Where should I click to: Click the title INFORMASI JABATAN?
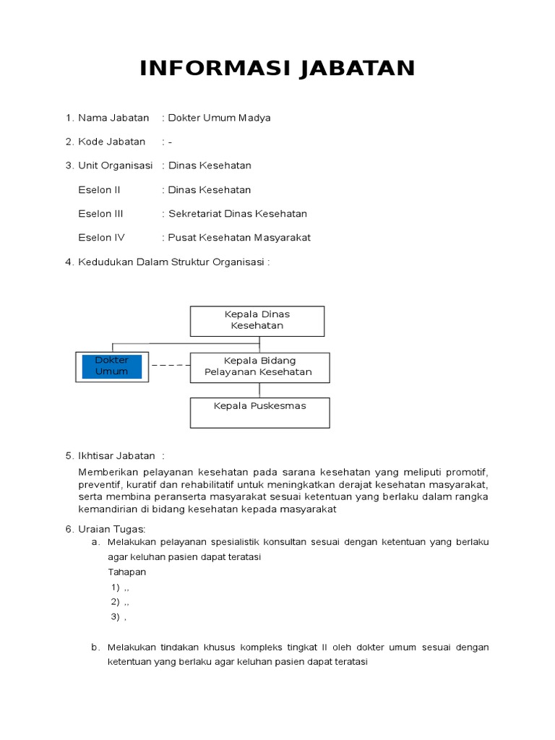277,69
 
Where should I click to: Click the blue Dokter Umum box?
112,366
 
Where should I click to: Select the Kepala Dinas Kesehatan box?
257,320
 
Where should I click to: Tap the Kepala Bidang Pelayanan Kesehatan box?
259,367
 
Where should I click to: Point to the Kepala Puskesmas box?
259,412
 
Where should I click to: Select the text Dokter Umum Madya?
219,118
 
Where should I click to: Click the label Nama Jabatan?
113,118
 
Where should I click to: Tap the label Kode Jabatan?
111,142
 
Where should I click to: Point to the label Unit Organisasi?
115,165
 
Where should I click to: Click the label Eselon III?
100,214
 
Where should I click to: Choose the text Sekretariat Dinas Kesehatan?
238,214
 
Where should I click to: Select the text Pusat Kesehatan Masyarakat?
239,238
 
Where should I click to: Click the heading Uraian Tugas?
112,530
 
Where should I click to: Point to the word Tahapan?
127,572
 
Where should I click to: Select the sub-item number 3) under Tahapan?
115,616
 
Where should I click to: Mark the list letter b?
95,647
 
